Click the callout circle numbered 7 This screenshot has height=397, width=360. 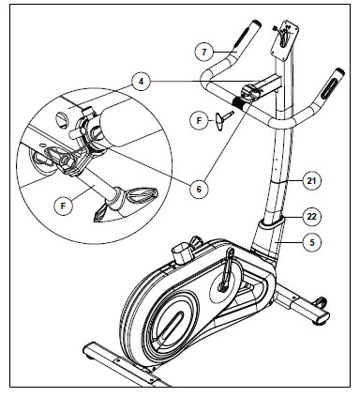coord(204,52)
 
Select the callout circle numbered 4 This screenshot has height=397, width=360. coord(142,82)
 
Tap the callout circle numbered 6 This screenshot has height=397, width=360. coord(199,189)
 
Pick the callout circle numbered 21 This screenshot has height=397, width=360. coord(311,181)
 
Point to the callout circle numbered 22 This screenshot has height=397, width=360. coord(311,217)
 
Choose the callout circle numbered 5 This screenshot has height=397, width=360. coord(311,242)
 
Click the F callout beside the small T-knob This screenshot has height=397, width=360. coord(199,120)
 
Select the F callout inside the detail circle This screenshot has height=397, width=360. coord(64,206)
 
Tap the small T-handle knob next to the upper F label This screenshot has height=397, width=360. coord(222,120)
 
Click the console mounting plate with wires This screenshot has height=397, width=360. coord(284,40)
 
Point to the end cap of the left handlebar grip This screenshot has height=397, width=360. coord(256,23)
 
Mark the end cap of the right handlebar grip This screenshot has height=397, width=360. coord(339,71)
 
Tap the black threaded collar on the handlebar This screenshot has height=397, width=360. coord(238,102)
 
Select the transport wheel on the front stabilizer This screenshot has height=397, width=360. coord(322,302)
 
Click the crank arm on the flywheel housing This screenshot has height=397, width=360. coord(227,268)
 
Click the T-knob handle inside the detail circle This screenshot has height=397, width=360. coord(131,202)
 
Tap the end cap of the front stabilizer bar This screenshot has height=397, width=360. coord(322,318)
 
